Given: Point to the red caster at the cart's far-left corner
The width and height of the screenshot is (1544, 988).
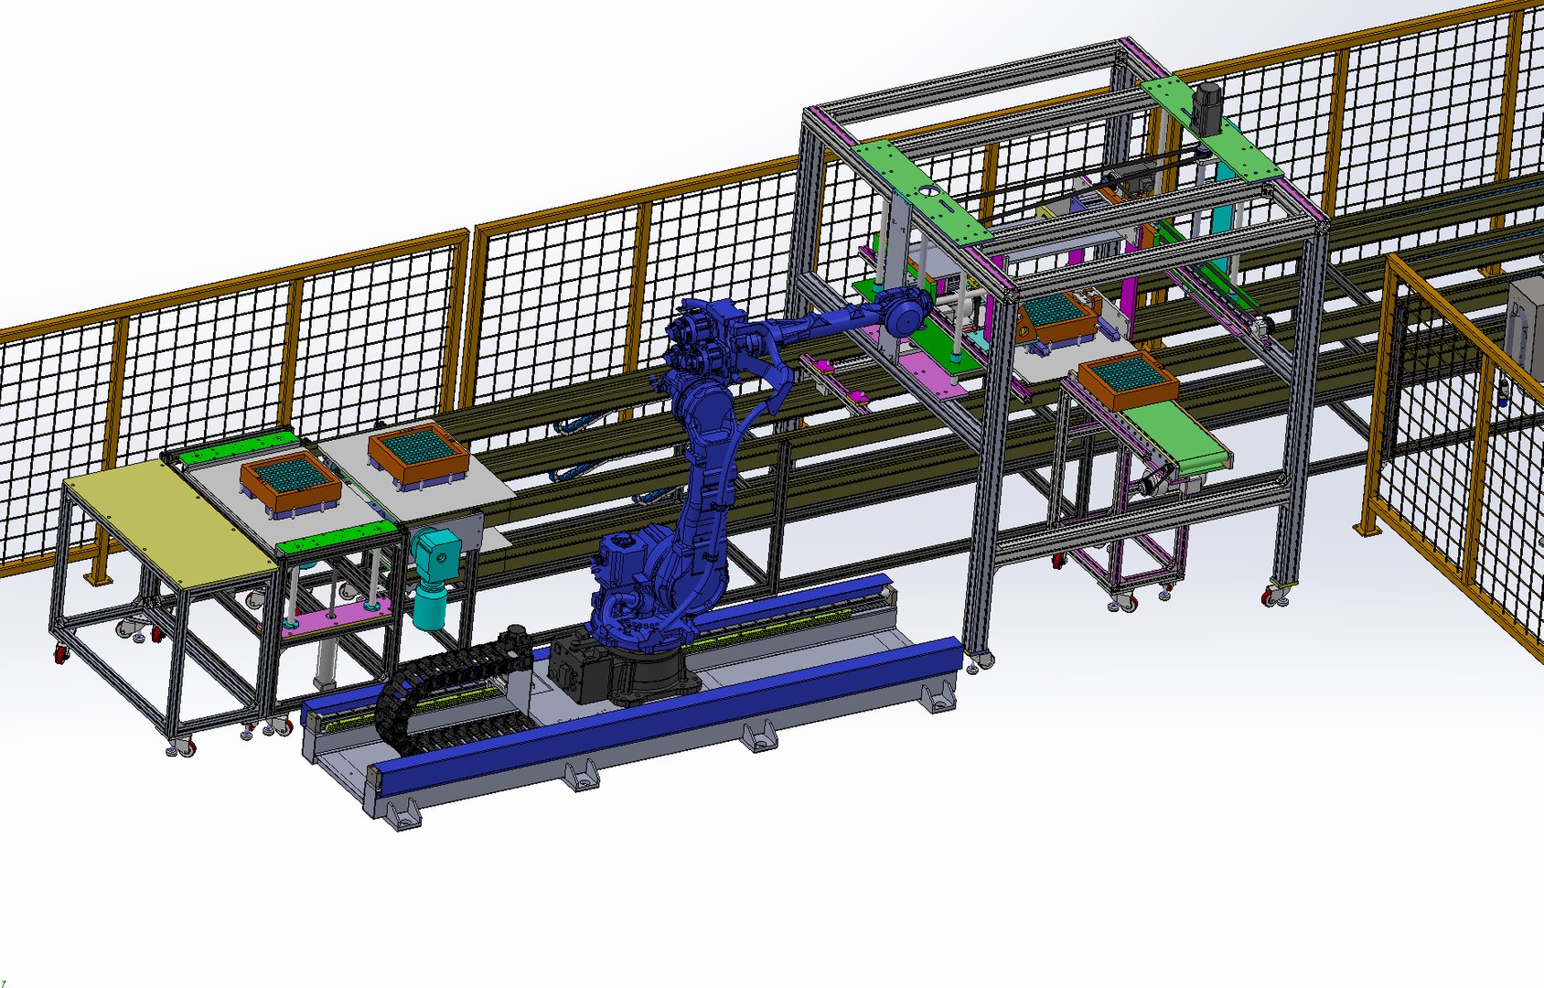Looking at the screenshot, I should click(62, 653).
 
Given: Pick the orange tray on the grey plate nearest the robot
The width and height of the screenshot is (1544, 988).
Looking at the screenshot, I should click(416, 456).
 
